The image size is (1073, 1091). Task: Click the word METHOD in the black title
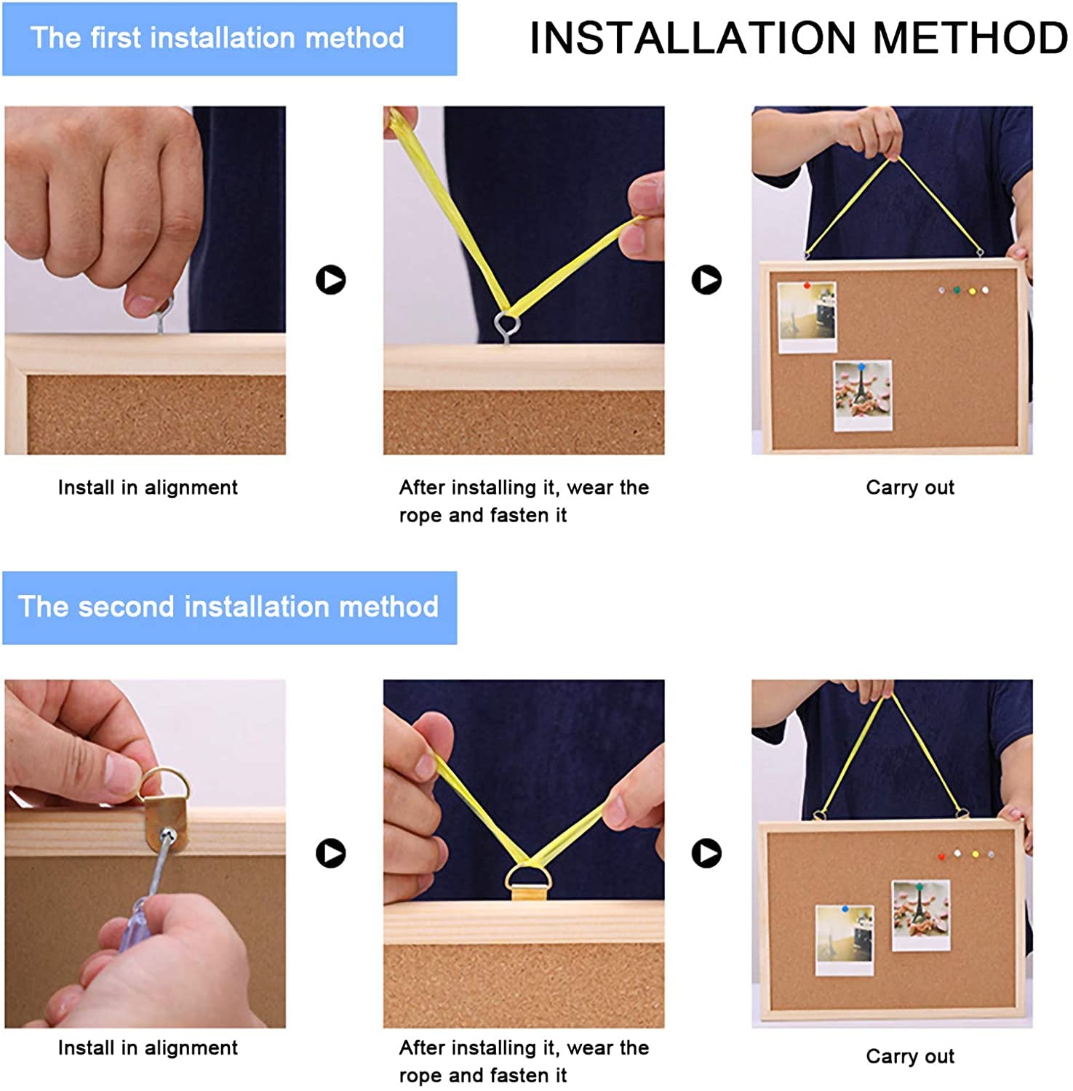click(x=970, y=38)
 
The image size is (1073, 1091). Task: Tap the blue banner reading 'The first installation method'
click(x=230, y=39)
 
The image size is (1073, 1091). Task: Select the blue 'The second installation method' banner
click(x=230, y=607)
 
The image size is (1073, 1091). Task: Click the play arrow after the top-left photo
click(x=331, y=279)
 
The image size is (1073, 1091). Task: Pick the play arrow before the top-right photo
click(x=706, y=279)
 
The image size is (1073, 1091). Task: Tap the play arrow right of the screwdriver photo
click(x=331, y=853)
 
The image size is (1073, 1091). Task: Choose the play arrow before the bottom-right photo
click(x=706, y=853)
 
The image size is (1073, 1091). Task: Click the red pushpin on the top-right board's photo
click(x=807, y=286)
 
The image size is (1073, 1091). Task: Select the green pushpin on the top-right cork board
click(x=957, y=290)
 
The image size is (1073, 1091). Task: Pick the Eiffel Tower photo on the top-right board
click(x=863, y=395)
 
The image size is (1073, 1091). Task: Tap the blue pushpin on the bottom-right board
click(x=845, y=908)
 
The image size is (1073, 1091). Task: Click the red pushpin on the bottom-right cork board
click(x=941, y=856)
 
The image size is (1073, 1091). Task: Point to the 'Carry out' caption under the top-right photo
click(x=910, y=487)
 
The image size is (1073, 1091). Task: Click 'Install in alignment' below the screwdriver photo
click(x=148, y=1047)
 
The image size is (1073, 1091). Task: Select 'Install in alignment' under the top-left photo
click(x=148, y=487)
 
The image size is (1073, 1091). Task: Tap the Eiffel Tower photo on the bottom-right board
click(x=921, y=915)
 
